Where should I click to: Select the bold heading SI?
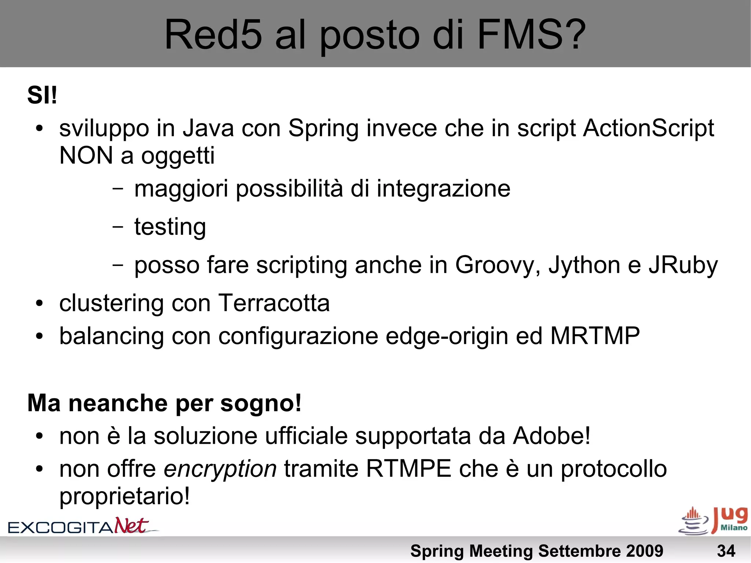(42, 95)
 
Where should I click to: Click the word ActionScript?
(648, 128)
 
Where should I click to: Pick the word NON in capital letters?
(86, 156)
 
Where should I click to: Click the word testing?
(170, 227)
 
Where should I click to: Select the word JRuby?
(683, 265)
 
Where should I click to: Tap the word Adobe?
(552, 436)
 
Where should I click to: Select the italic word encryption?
(220, 469)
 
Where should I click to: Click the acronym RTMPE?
(409, 469)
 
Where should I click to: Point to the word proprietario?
(125, 497)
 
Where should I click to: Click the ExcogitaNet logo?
(83, 526)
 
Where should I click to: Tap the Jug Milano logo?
(713, 521)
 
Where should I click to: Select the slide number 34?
(726, 551)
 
